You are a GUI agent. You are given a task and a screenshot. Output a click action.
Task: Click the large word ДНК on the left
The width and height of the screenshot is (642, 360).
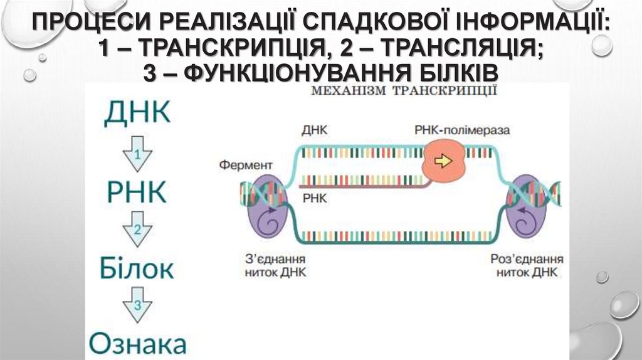(x=136, y=113)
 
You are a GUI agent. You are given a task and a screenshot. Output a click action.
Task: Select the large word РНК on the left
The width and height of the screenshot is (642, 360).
(x=136, y=191)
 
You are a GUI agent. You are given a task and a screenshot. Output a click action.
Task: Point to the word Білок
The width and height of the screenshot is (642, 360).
(x=136, y=269)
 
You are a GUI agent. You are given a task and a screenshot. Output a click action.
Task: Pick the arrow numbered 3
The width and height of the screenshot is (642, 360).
(x=137, y=307)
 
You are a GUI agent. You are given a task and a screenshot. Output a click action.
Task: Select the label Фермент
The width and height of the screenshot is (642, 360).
(x=246, y=165)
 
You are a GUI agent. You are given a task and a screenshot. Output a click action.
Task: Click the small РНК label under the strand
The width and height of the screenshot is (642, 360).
(x=312, y=197)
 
